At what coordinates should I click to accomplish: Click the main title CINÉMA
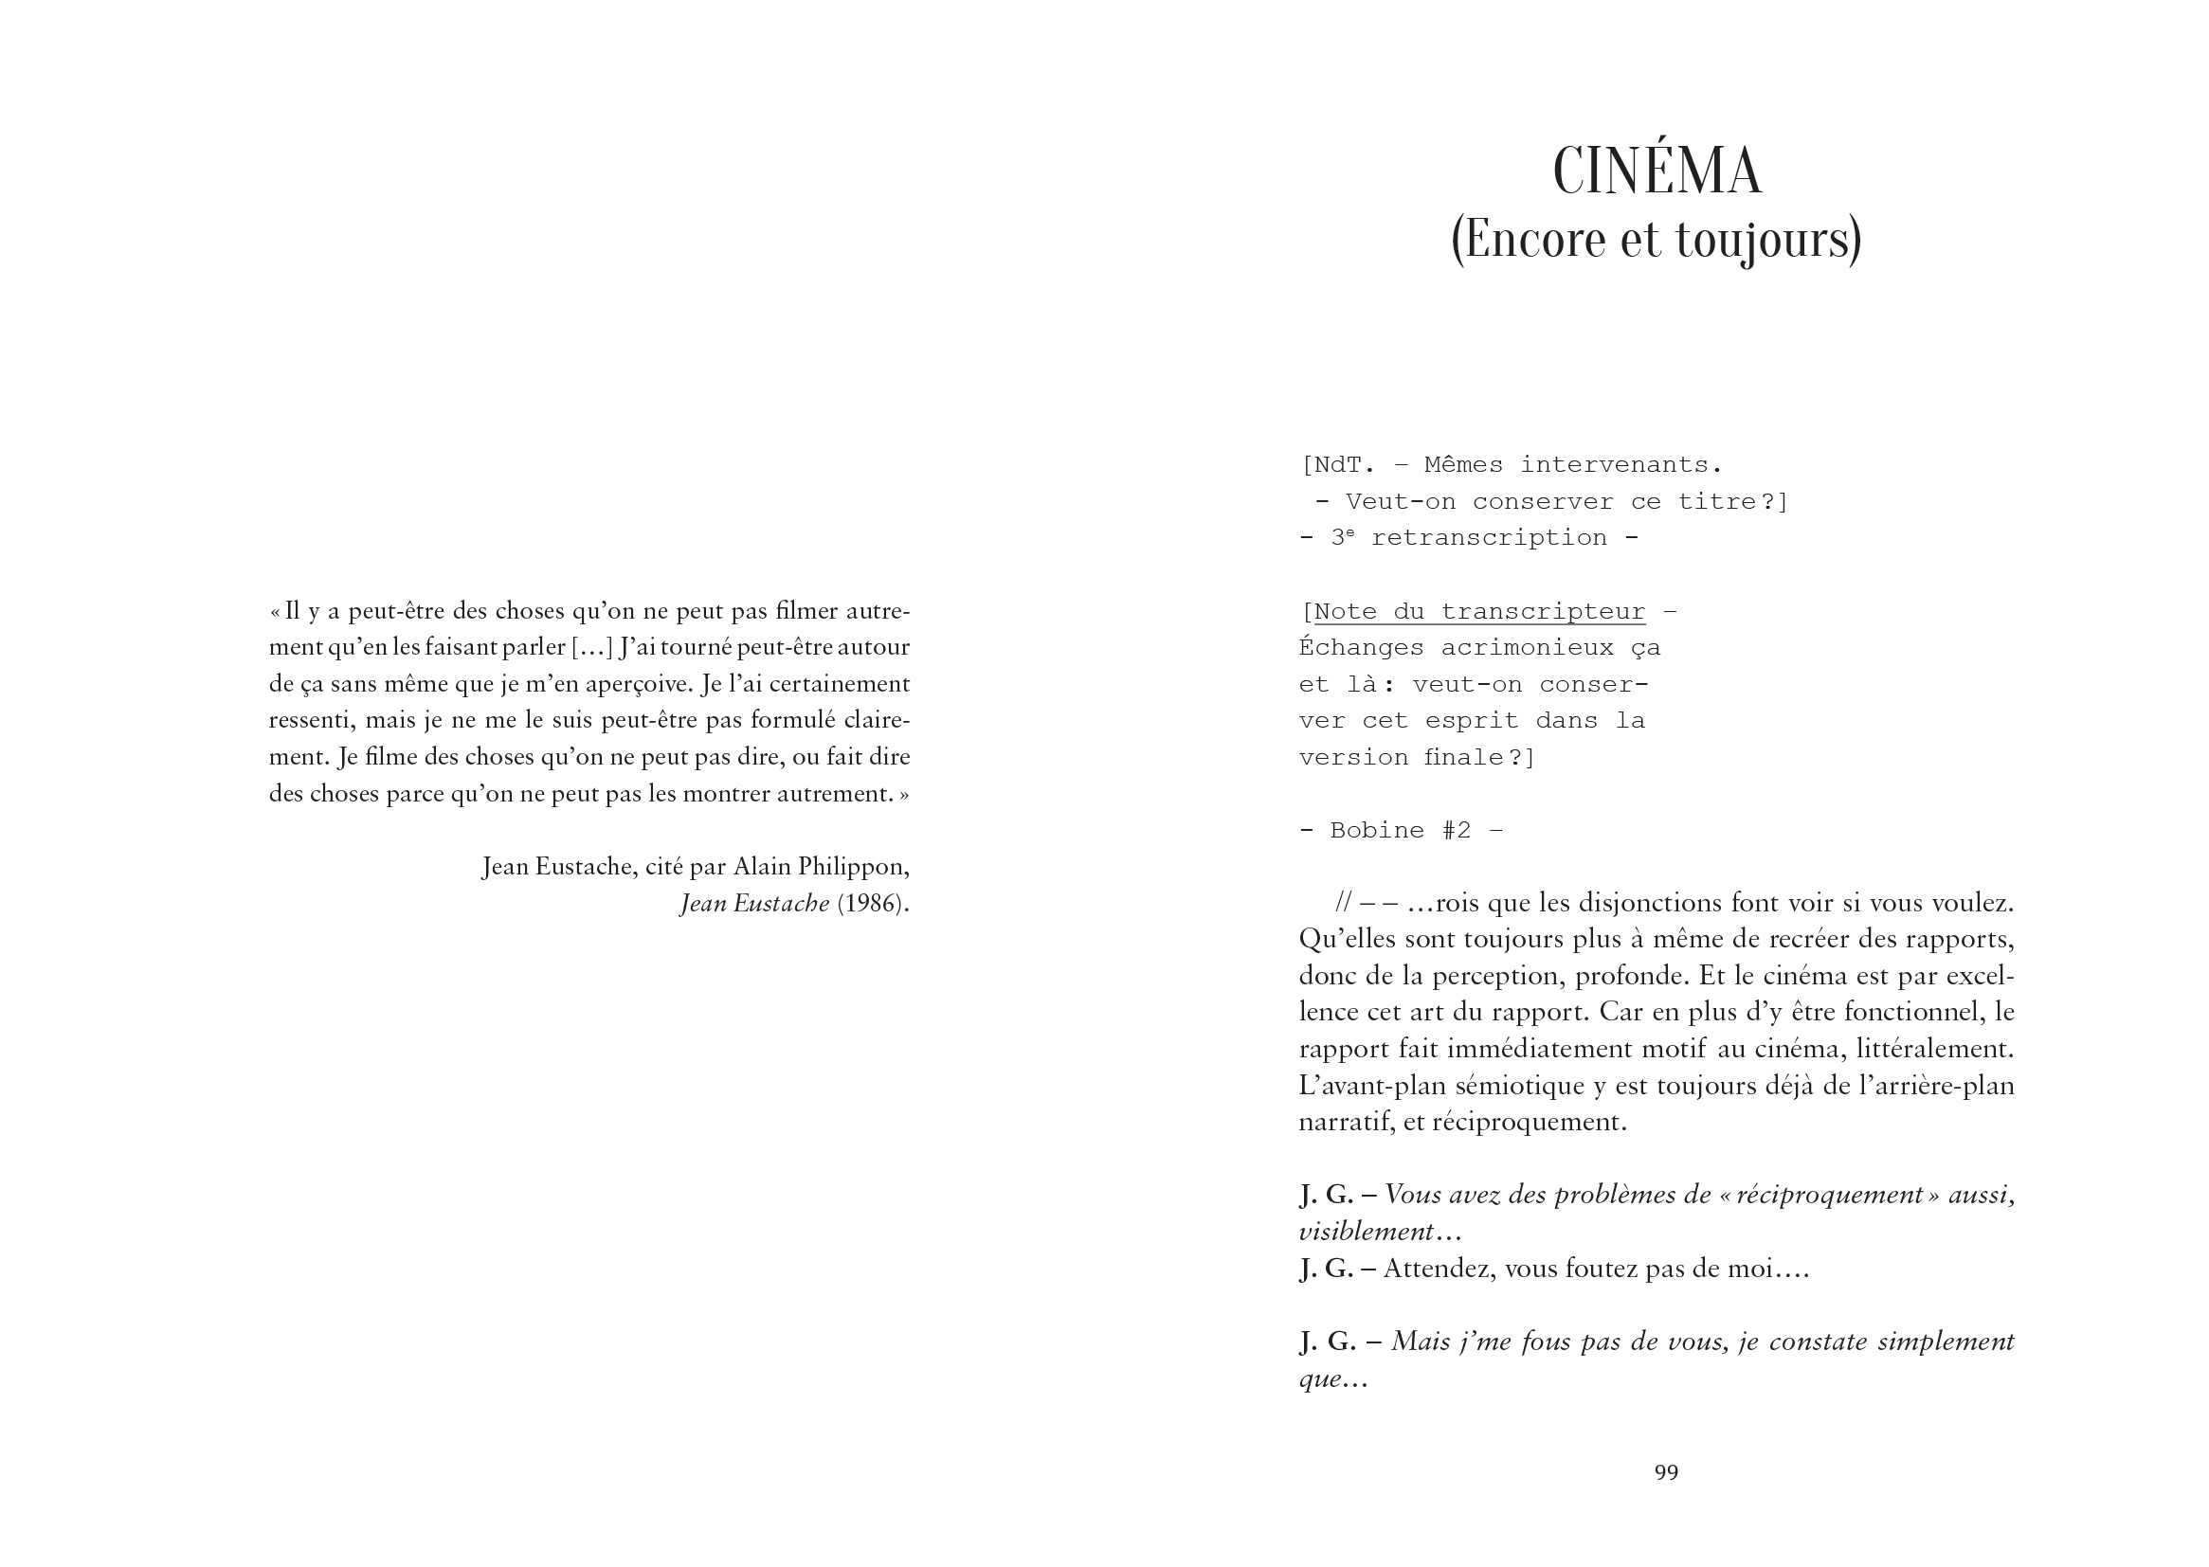point(1657,171)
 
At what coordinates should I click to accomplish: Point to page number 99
point(1666,1471)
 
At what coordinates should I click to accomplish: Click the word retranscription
point(1488,538)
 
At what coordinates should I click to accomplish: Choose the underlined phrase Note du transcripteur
point(1479,612)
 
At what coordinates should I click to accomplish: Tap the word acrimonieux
point(1527,647)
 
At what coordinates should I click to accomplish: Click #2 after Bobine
point(1457,831)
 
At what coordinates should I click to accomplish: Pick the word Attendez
point(1437,1268)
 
